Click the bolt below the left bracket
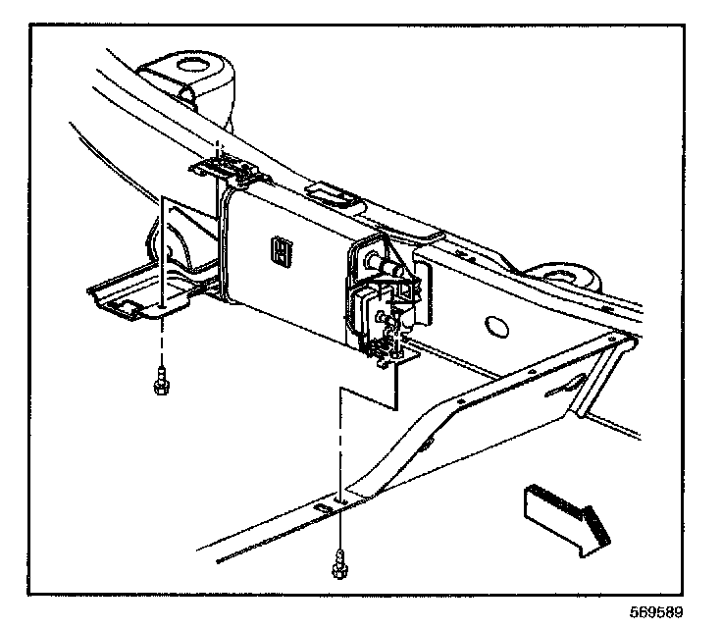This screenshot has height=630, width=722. tap(159, 380)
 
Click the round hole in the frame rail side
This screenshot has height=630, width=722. tap(496, 327)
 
